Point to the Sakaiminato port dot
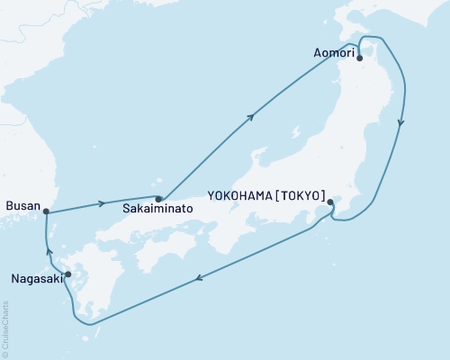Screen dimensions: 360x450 pyautogui.click(x=158, y=199)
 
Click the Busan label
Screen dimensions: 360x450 pyautogui.click(x=22, y=206)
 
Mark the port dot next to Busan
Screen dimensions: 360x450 pyautogui.click(x=47, y=212)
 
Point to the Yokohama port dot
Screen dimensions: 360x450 pyautogui.click(x=330, y=202)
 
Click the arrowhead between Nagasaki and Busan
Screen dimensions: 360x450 pyautogui.click(x=50, y=253)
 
